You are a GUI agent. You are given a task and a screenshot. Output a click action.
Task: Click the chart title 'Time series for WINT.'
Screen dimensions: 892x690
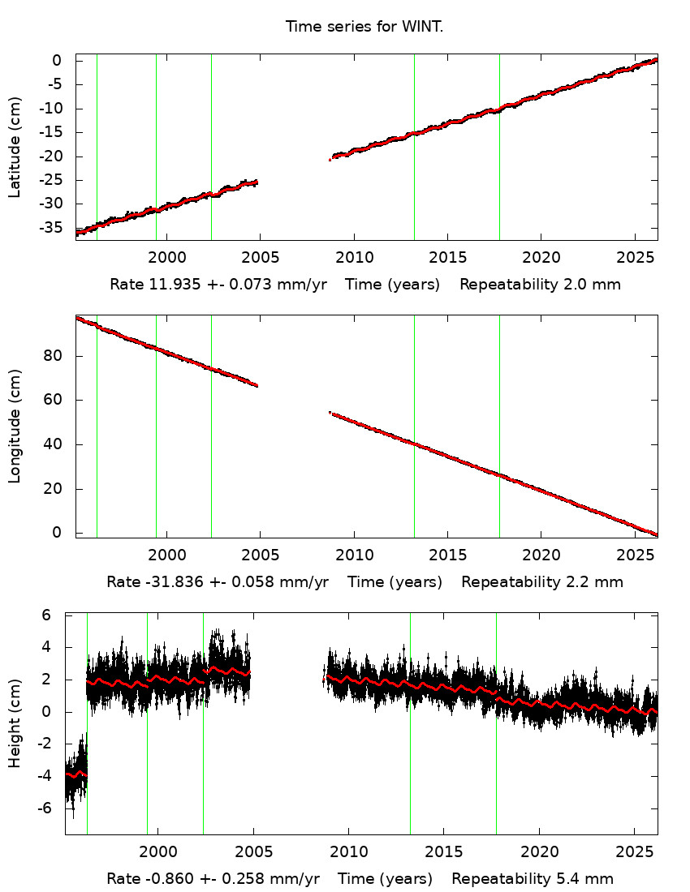pyautogui.click(x=364, y=27)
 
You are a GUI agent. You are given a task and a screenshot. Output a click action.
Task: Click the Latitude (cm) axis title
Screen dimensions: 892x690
pyautogui.click(x=15, y=147)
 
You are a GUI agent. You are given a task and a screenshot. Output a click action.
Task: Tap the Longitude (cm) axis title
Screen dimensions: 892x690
pyautogui.click(x=15, y=426)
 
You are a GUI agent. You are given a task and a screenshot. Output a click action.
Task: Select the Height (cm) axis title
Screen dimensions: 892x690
pyautogui.click(x=15, y=723)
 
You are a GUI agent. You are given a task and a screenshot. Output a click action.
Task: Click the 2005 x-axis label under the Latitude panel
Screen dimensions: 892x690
pyautogui.click(x=261, y=259)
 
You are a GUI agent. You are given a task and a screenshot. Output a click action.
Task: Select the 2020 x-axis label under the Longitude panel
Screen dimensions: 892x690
pyautogui.click(x=541, y=555)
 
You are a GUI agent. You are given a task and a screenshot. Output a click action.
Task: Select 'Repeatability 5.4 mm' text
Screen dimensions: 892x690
pyautogui.click(x=533, y=879)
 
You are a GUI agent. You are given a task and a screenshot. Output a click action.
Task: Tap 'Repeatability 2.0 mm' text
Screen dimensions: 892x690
pyautogui.click(x=541, y=285)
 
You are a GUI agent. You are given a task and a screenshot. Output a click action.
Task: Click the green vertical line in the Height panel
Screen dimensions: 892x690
pyautogui.click(x=203, y=722)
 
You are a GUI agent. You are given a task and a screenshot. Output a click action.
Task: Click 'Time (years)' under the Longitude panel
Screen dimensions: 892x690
pyautogui.click(x=395, y=582)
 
